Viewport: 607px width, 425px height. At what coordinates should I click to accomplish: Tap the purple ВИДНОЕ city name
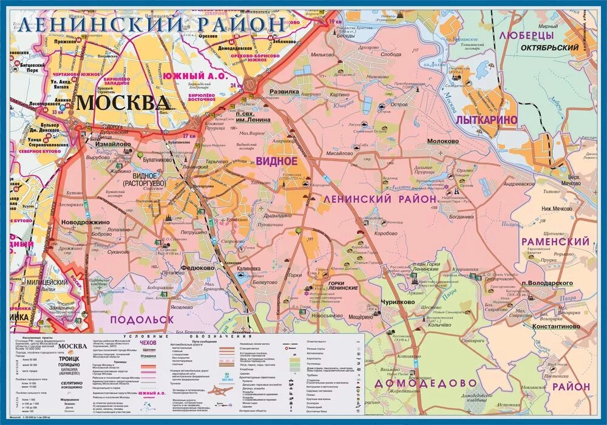276,161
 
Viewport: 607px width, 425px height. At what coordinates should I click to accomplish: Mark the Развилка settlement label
285,92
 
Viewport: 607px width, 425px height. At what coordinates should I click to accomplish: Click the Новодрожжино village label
85,222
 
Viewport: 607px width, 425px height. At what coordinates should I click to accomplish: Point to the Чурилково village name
398,302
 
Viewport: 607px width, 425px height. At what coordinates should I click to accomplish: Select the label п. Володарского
546,283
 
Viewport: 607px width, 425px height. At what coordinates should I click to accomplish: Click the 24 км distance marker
236,85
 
